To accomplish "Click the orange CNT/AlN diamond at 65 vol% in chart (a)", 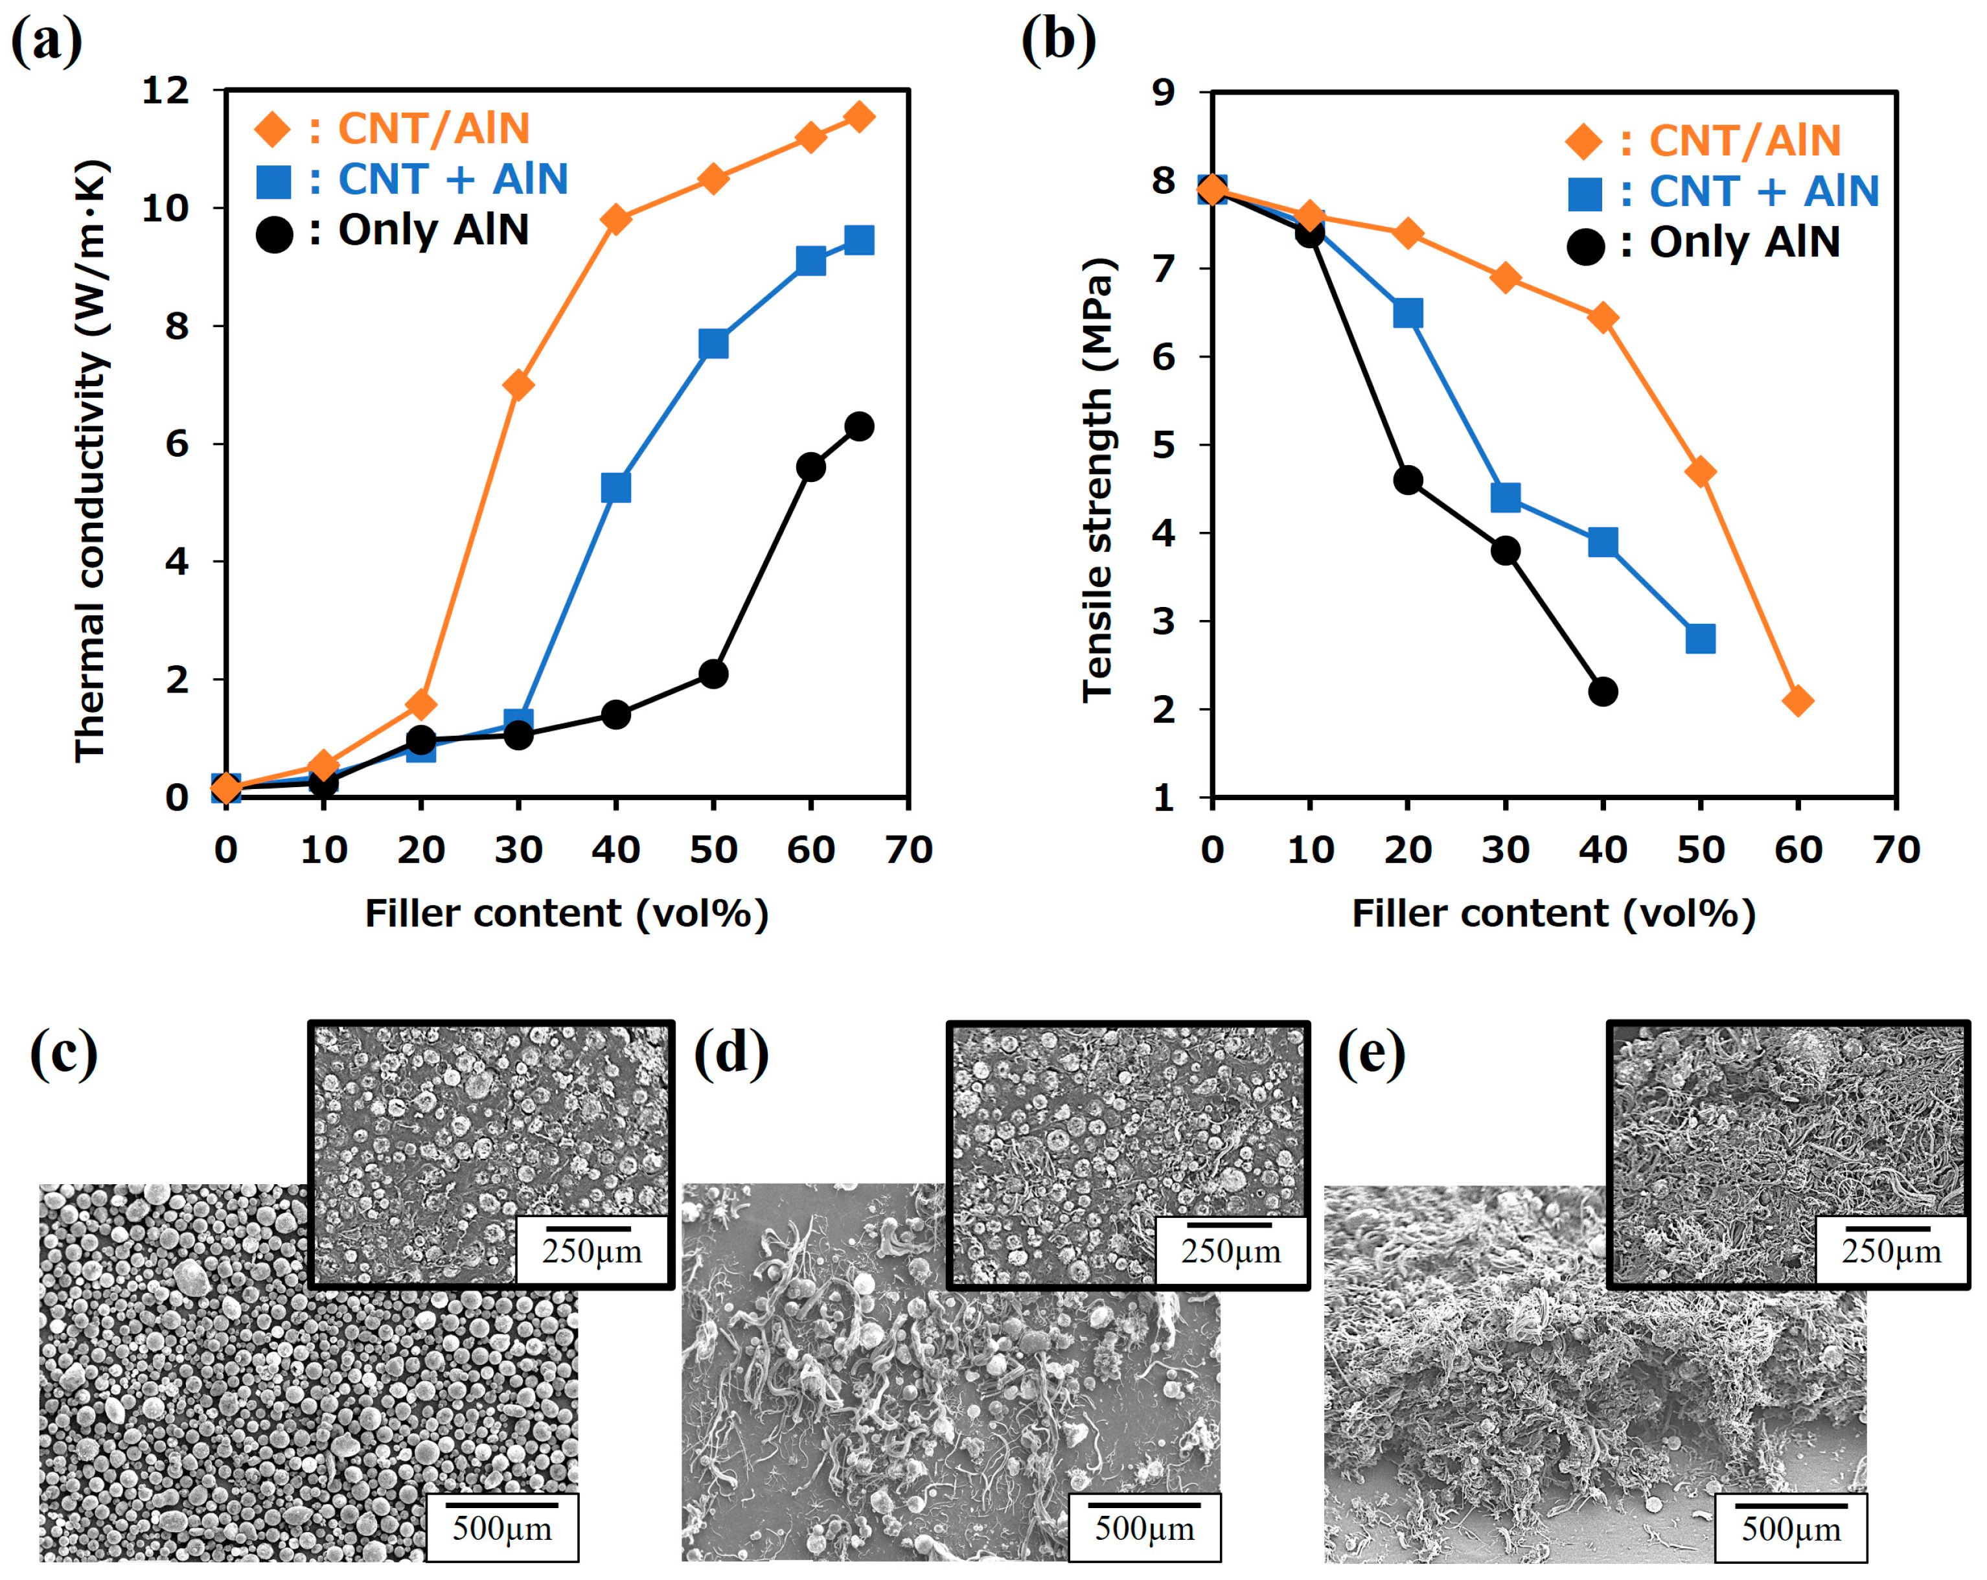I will coord(859,117).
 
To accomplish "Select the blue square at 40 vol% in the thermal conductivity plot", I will coord(615,487).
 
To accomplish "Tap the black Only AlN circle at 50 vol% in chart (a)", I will coord(713,674).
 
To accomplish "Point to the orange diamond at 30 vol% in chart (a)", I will coord(518,385).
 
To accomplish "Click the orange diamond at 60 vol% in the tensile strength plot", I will coord(1798,701).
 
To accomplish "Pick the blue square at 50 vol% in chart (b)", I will coord(1701,639).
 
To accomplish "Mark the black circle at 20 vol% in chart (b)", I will coord(1407,480).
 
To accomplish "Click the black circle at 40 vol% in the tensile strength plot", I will coord(1603,691).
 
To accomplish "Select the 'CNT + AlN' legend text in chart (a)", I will coord(452,179).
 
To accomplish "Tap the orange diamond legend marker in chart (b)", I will coord(1584,141).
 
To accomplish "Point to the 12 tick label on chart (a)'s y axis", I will coord(166,90).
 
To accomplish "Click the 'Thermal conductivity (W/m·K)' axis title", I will coord(91,461).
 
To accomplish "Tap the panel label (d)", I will coord(730,1053).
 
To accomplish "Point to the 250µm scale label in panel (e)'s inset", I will coord(1891,1251).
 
